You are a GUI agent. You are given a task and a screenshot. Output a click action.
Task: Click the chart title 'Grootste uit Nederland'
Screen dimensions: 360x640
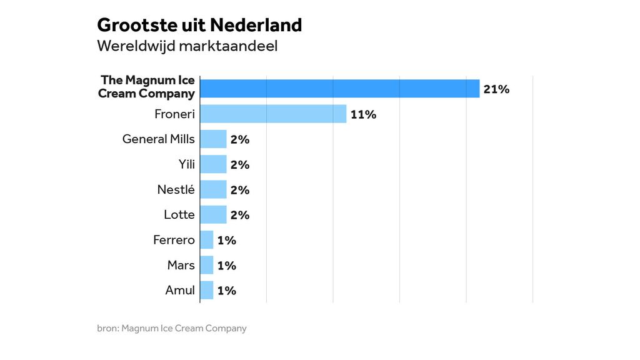(199, 25)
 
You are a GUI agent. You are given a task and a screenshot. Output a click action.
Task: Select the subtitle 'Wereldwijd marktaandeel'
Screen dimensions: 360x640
(187, 46)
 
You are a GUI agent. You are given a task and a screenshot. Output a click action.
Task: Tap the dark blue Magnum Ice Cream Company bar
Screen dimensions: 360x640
(339, 88)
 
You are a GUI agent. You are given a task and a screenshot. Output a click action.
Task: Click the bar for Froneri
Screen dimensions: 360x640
(273, 114)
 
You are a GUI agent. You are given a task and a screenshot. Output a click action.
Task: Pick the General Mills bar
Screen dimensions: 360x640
(213, 139)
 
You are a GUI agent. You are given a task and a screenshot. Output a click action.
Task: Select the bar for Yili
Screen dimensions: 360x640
(213, 164)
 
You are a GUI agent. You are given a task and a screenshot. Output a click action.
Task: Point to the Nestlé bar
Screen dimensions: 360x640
(213, 189)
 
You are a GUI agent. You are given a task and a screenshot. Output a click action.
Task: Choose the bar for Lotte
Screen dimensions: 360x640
(213, 214)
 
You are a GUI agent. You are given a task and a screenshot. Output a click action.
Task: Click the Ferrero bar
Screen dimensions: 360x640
(206, 240)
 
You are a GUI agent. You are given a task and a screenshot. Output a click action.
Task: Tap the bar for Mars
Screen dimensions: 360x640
(206, 265)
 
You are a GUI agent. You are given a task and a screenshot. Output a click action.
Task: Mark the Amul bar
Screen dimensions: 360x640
(206, 290)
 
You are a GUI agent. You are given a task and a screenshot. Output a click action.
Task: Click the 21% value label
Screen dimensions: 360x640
(496, 89)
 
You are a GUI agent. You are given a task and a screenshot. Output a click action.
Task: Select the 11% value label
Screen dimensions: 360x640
(363, 114)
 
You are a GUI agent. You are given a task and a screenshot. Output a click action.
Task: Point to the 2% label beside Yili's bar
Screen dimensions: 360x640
(239, 165)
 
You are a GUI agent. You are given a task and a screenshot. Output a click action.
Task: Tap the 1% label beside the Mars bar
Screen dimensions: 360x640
(226, 266)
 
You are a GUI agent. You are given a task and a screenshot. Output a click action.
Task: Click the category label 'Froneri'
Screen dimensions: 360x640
(174, 114)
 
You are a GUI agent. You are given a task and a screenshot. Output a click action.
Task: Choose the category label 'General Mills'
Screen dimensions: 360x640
(158, 139)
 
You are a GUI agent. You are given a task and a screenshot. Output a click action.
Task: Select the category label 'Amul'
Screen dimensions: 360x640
(180, 290)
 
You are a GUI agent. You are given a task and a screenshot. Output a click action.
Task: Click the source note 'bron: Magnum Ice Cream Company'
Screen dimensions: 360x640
(172, 328)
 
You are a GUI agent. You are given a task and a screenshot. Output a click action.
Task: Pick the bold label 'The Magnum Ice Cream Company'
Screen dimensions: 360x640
(147, 87)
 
